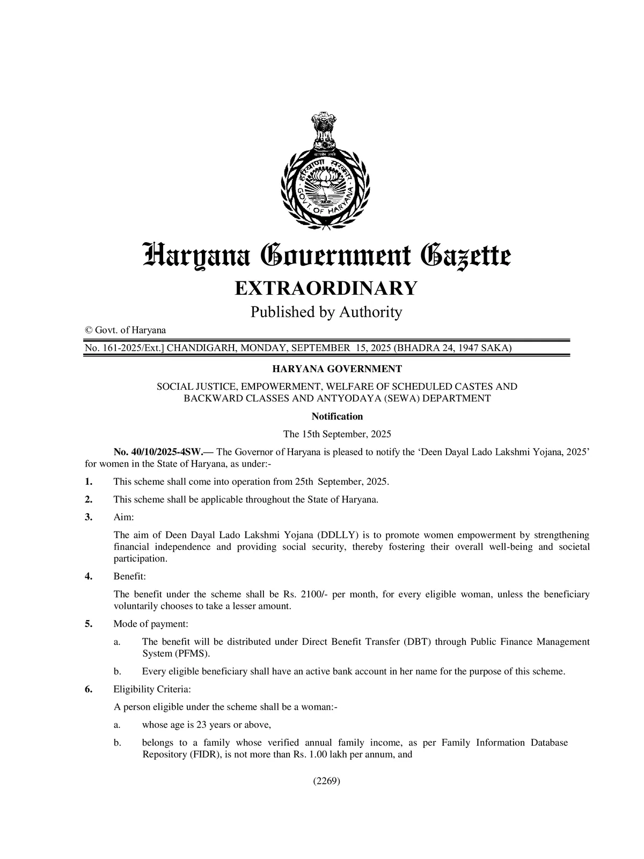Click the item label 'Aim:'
pyautogui.click(x=123, y=517)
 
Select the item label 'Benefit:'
pyautogui.click(x=129, y=577)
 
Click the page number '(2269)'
pyautogui.click(x=327, y=781)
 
